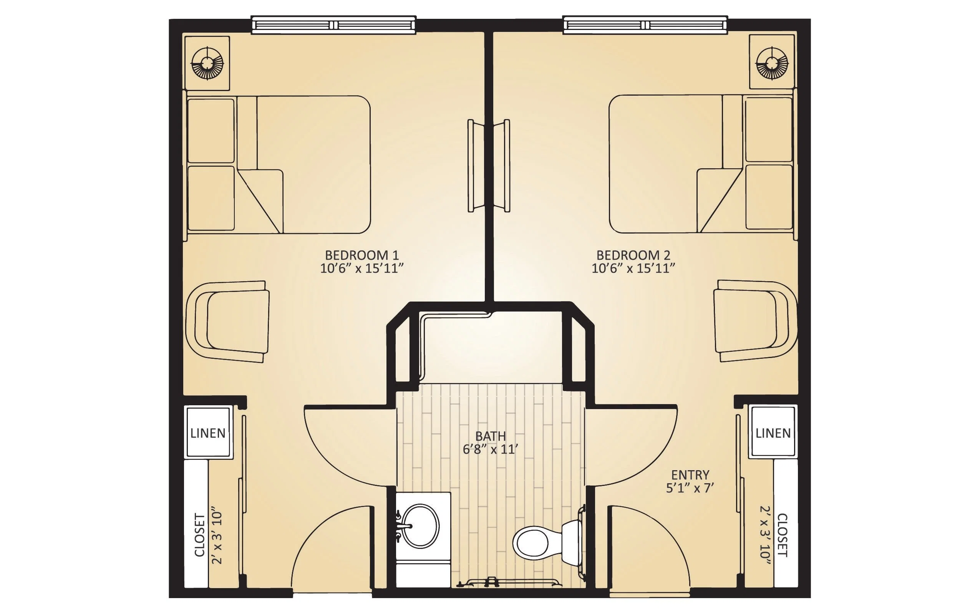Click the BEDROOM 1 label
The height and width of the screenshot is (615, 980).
[361, 255]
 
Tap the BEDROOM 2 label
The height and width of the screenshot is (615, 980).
[633, 255]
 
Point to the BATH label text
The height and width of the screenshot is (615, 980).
[491, 436]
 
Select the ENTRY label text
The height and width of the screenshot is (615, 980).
[690, 475]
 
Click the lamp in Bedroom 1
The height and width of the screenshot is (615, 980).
[207, 63]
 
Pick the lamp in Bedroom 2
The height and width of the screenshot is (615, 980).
[772, 63]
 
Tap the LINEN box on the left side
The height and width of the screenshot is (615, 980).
[208, 433]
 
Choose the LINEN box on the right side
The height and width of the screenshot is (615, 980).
[773, 433]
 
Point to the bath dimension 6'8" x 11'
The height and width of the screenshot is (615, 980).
[491, 449]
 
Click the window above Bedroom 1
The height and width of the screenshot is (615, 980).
[333, 25]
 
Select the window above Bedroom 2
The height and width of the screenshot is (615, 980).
[645, 25]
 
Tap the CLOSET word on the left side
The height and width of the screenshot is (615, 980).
[200, 535]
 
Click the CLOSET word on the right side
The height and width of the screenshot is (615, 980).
[782, 535]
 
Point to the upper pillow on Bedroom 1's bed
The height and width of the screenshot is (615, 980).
[211, 131]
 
